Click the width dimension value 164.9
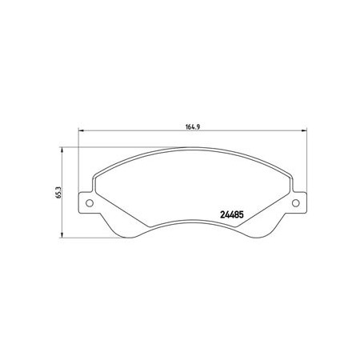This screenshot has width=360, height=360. click(193, 127)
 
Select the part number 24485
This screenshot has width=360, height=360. click(232, 214)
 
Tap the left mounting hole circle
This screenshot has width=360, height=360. click(90, 203)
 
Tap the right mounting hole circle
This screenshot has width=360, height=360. click(295, 203)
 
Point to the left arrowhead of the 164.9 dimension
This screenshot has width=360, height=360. click(81, 130)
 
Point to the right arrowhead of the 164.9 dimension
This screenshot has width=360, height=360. click(304, 130)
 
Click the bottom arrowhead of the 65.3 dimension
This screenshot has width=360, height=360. click(62, 234)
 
